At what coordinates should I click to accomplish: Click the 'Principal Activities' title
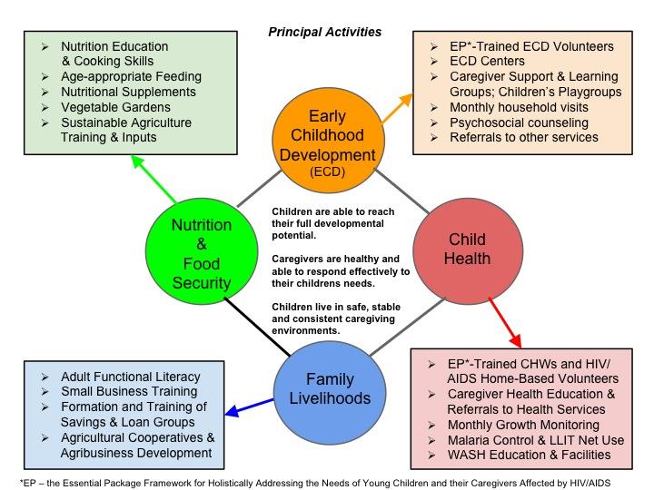pyautogui.click(x=324, y=33)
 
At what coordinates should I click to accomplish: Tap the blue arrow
pyautogui.click(x=246, y=406)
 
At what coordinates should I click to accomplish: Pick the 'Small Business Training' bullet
pyautogui.click(x=130, y=391)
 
